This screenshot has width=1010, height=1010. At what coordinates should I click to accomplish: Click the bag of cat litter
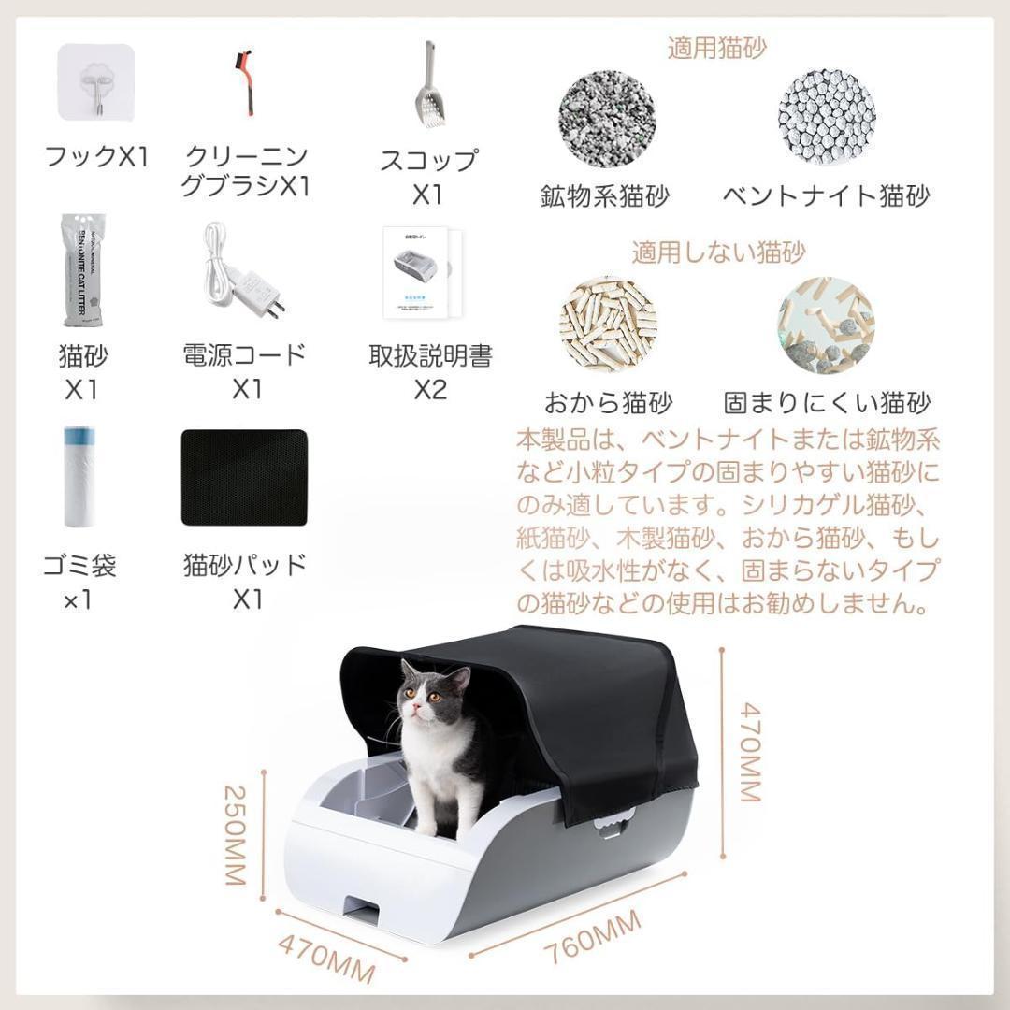[x=82, y=270]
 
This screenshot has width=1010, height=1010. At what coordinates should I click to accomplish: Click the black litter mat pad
[x=244, y=477]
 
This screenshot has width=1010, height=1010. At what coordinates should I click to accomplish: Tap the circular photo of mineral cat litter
[x=607, y=117]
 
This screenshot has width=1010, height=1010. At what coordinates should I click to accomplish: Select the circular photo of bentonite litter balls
[x=826, y=117]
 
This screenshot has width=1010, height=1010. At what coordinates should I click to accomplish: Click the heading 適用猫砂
[x=716, y=48]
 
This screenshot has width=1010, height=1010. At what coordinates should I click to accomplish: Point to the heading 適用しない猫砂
[x=718, y=252]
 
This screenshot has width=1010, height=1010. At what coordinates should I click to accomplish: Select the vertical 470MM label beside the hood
[x=751, y=752]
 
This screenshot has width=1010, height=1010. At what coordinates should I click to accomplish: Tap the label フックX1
[x=96, y=156]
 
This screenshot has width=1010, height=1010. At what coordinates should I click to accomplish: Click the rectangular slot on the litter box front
[x=364, y=906]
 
